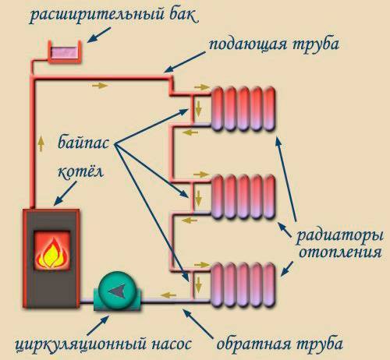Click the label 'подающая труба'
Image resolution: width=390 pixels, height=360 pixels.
click(x=273, y=44)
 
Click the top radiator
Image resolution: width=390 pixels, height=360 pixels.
click(x=243, y=107)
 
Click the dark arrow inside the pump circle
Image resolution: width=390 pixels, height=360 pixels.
click(x=118, y=291)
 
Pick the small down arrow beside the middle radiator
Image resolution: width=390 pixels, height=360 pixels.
click(x=197, y=195)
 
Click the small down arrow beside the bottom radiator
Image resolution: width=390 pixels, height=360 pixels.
click(x=197, y=281)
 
